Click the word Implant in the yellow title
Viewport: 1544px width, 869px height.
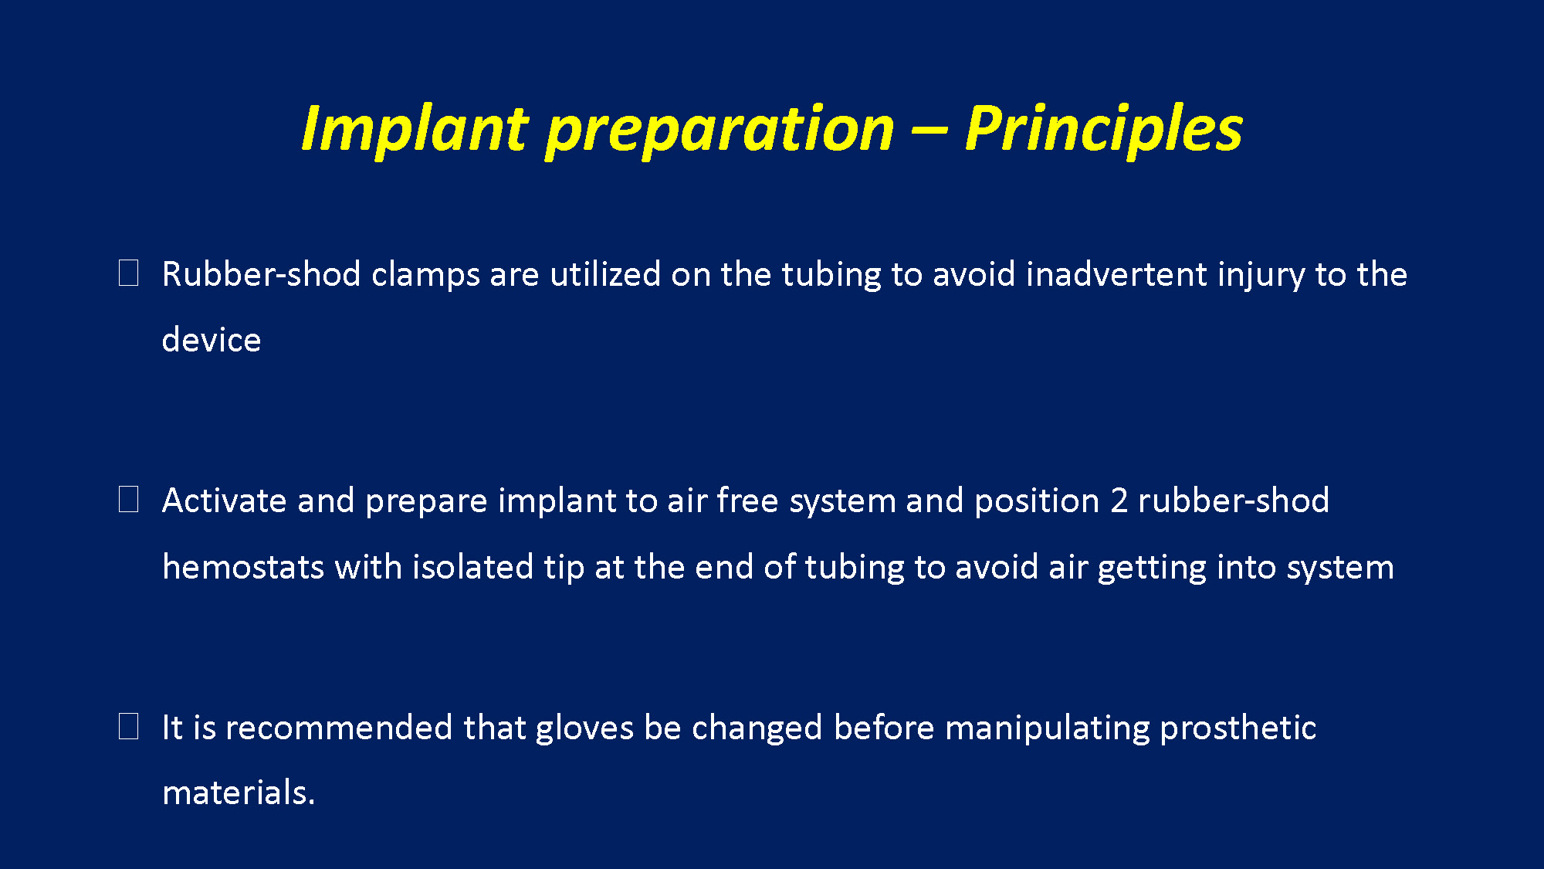[x=415, y=128]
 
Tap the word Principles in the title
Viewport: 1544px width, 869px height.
[x=1104, y=128]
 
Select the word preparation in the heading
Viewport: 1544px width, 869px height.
[x=720, y=130]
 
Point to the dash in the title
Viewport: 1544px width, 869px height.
[x=929, y=130]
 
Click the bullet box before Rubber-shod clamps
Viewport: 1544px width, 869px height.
[x=129, y=273]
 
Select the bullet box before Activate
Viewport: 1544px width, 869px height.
[x=129, y=500]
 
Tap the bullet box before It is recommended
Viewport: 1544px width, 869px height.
[x=129, y=726]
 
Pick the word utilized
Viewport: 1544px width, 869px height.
[x=605, y=274]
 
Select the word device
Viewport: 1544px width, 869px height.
[x=212, y=340]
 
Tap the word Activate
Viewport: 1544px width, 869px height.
[x=225, y=501]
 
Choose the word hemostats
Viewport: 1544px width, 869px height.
[x=243, y=567]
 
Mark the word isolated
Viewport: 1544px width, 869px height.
[x=472, y=567]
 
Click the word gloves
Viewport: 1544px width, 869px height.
[x=584, y=728]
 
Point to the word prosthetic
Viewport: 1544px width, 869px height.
[x=1238, y=728]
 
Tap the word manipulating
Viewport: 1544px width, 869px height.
[x=1048, y=728]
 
